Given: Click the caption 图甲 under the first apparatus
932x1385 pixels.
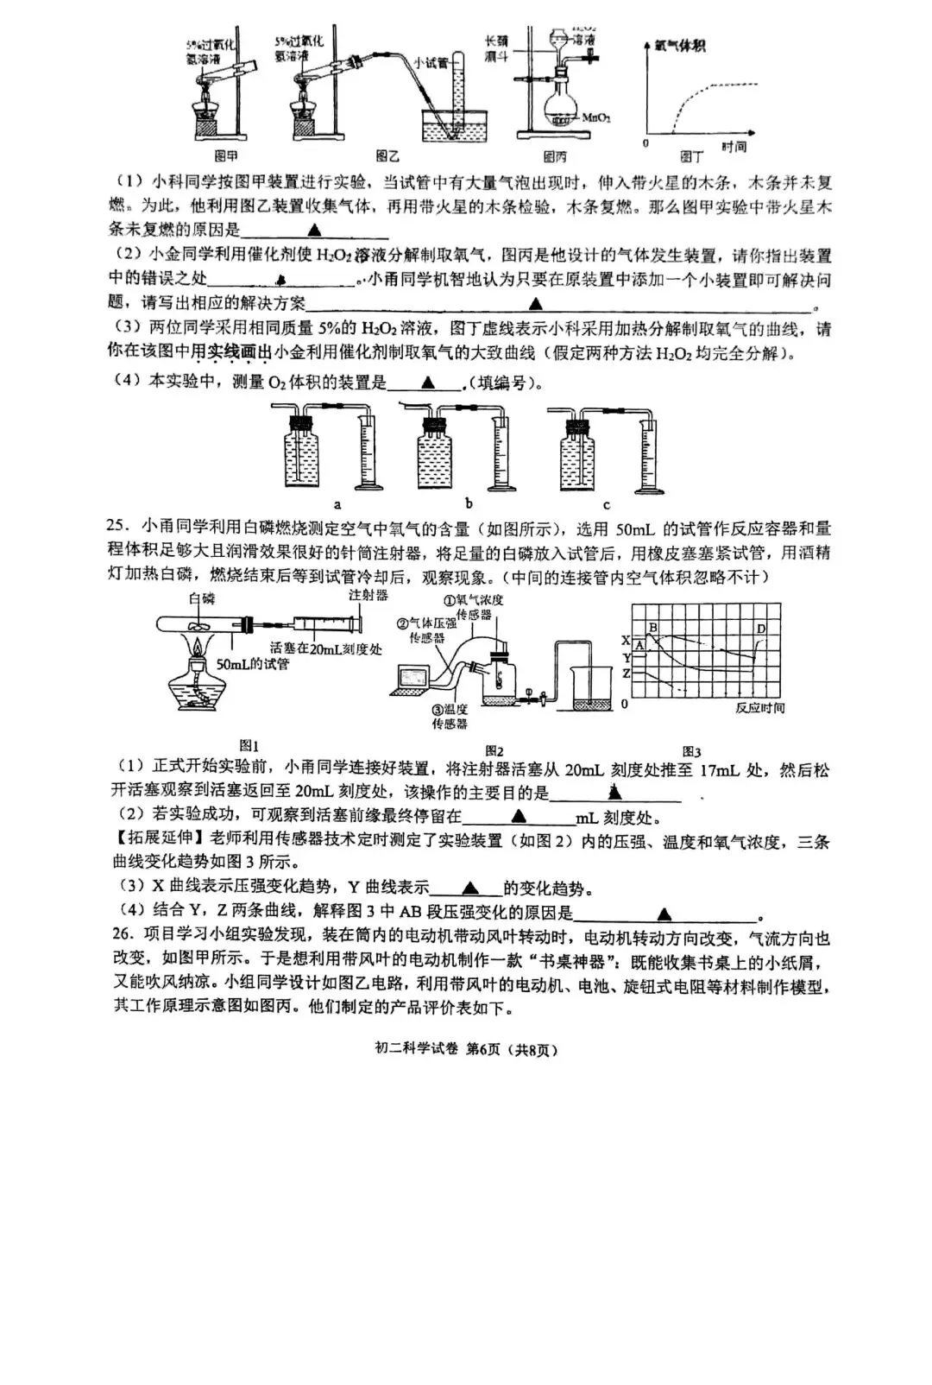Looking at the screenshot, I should click(226, 156).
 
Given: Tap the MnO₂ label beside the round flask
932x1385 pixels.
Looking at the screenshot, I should click(596, 117).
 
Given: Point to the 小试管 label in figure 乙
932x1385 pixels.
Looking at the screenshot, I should click(431, 62).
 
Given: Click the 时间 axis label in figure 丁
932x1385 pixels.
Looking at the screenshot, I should click(734, 148).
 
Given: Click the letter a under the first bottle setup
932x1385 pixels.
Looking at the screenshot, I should click(337, 504).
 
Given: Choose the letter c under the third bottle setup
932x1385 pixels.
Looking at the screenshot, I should click(606, 505).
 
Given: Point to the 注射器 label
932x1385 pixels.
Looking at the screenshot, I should click(368, 596).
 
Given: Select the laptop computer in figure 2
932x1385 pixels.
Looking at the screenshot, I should click(412, 680).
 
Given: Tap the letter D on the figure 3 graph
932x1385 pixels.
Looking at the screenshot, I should click(761, 629).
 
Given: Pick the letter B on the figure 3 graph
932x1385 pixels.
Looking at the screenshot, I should click(653, 628).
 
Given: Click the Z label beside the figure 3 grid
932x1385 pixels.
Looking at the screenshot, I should click(626, 674).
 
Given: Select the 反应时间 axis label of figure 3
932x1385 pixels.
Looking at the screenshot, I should click(760, 708).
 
